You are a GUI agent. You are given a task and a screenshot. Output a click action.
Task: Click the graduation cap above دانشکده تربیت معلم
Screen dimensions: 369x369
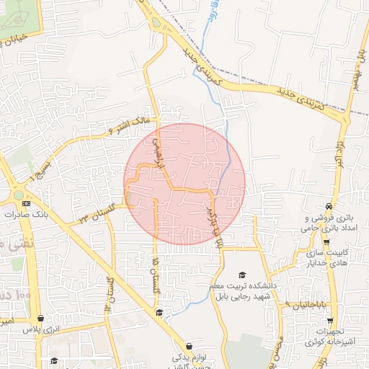(x=243, y=275)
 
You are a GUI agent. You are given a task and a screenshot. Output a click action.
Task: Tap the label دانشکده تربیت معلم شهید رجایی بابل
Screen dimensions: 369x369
(x=244, y=290)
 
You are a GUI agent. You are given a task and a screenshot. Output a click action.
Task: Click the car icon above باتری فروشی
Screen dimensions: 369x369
(x=329, y=205)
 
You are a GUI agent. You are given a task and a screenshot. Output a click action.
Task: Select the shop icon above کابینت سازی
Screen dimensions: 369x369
(x=326, y=241)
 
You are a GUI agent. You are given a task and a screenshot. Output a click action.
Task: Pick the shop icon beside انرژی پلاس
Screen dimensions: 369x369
(x=40, y=318)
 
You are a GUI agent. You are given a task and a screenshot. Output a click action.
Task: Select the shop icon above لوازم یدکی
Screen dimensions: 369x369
(x=189, y=346)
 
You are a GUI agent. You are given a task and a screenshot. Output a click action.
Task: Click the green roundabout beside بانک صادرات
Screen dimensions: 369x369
(x=18, y=195)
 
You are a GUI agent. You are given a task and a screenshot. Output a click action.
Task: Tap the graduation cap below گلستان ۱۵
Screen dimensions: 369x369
(x=159, y=312)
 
